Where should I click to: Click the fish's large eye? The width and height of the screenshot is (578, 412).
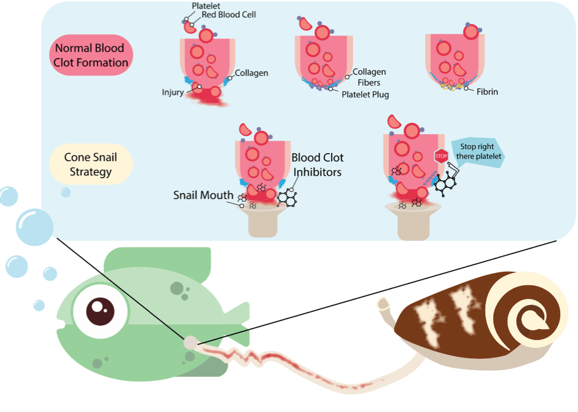[99, 310]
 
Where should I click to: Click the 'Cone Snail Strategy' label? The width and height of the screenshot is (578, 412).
[91, 164]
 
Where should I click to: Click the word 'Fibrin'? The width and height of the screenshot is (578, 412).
[488, 92]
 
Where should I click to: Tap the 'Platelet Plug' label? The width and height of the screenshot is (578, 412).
[365, 95]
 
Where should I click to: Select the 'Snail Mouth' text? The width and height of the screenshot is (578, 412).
[202, 195]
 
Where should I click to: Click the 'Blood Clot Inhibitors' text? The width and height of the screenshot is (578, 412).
[316, 165]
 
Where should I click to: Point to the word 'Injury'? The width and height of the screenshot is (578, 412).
[173, 93]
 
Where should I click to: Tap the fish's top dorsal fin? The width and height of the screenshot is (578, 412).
[160, 261]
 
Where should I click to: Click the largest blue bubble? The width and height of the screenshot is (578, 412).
[34, 228]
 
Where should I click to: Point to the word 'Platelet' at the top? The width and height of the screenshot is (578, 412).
[206, 6]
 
